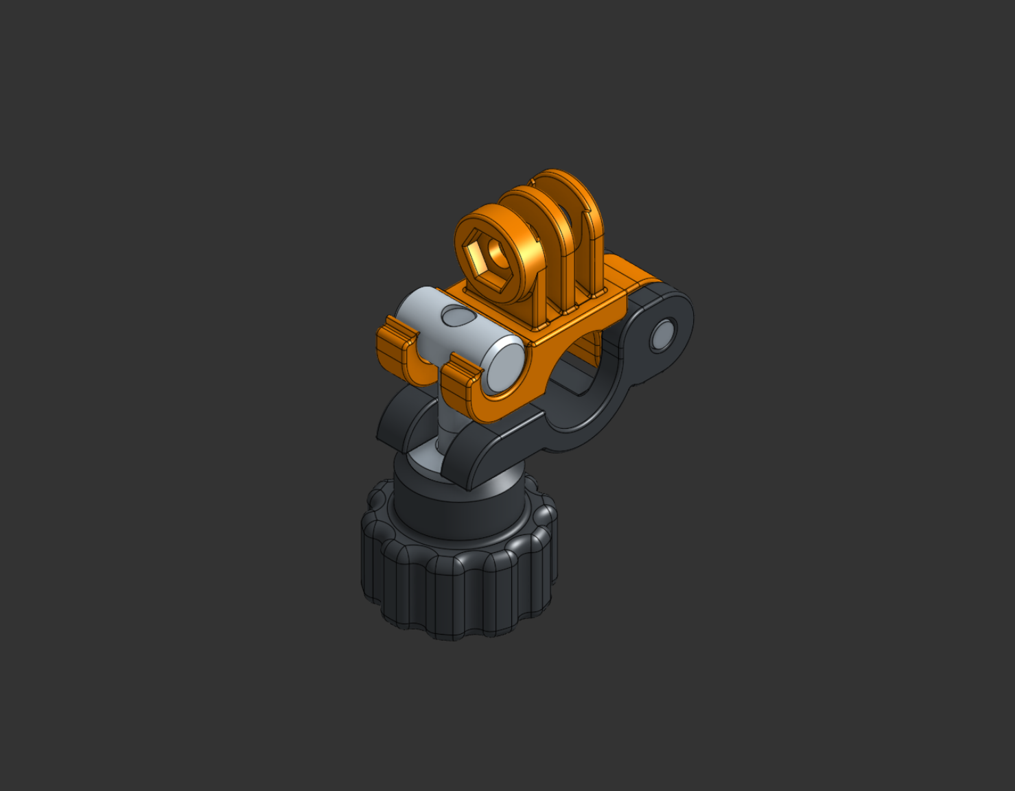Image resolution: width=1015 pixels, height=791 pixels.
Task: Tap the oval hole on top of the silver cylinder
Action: click(453, 316)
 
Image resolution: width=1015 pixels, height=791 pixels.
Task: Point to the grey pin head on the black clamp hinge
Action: click(662, 335)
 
